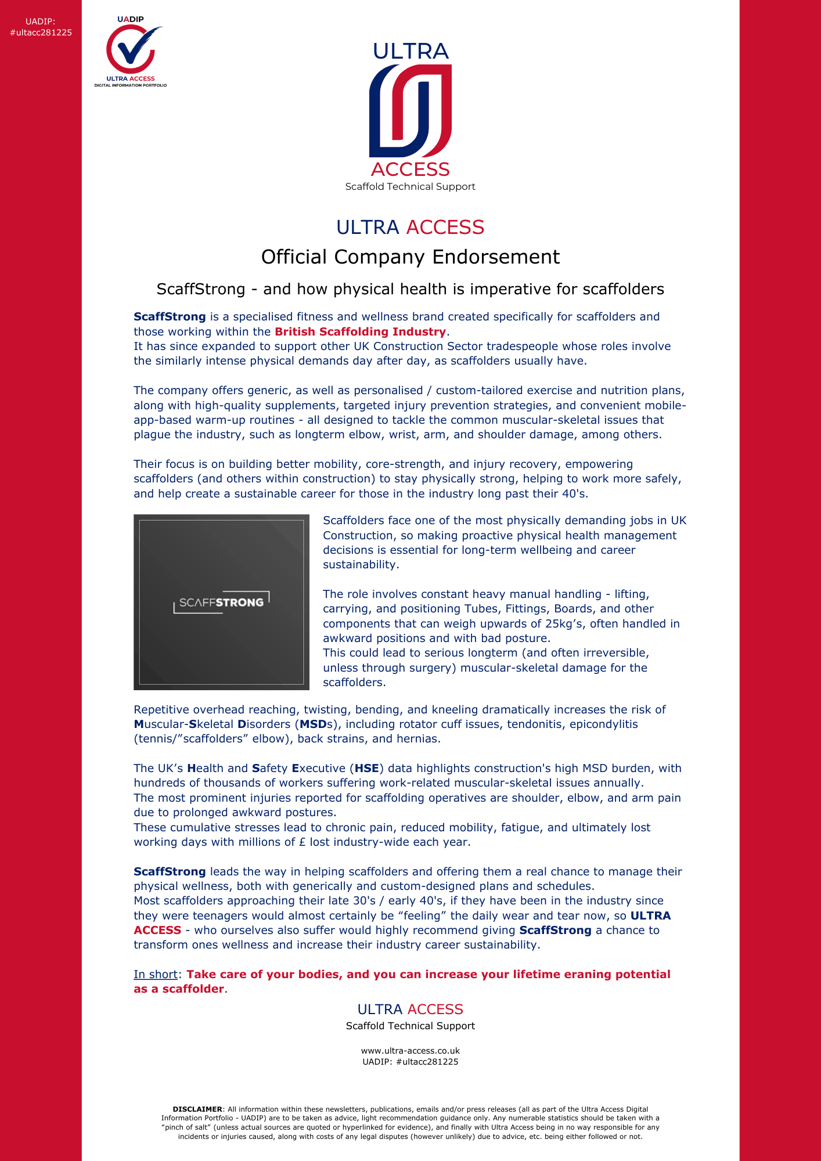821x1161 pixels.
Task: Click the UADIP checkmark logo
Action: [x=131, y=52]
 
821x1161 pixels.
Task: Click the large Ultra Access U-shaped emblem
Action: [x=410, y=110]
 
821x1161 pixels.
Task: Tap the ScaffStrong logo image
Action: [x=221, y=602]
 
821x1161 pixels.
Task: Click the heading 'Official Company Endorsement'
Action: [x=410, y=257]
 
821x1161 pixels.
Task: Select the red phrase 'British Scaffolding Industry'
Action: [x=360, y=331]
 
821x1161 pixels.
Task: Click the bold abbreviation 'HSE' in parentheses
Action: [x=367, y=768]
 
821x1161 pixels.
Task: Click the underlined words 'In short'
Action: [x=156, y=974]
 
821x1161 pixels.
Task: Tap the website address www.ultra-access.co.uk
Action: [x=410, y=1051]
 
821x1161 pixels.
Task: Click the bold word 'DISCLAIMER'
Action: [x=197, y=1109]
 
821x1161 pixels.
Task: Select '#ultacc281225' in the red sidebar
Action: [x=41, y=33]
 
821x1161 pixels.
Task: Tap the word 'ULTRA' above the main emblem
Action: [x=410, y=51]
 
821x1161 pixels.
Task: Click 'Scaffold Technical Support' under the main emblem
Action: [x=410, y=186]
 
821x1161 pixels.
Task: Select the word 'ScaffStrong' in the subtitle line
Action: [x=201, y=289]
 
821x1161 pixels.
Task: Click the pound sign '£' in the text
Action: [x=302, y=842]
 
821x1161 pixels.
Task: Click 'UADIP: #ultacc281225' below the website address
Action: [x=410, y=1062]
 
